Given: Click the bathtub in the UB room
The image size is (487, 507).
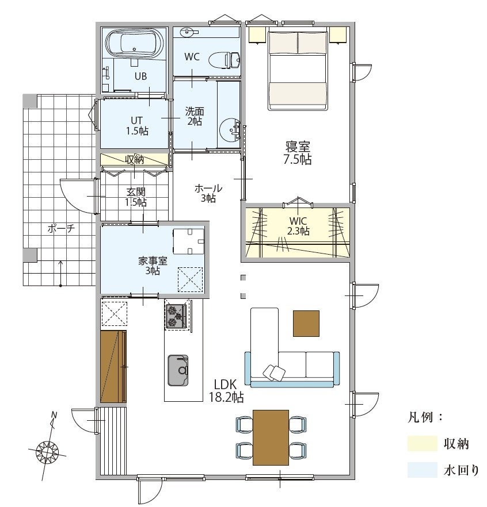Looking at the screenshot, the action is click(135, 44).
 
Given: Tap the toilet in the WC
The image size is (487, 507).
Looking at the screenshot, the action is click(224, 60).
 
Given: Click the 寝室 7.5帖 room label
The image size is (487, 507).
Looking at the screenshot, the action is click(298, 153).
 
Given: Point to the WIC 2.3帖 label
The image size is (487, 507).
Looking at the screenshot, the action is click(299, 226).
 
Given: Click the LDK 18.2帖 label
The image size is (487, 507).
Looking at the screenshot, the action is click(226, 391).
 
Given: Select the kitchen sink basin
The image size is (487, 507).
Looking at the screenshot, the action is click(178, 370).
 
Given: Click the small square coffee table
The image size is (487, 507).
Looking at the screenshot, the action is click(306, 323).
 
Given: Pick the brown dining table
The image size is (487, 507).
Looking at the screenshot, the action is click(271, 437).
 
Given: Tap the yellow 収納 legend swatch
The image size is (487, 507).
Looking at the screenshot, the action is click(423, 443).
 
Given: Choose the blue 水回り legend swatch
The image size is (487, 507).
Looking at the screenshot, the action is click(423, 470).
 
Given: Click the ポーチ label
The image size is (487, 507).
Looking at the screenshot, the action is click(61, 229).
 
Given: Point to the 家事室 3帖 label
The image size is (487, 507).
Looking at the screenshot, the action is click(153, 265).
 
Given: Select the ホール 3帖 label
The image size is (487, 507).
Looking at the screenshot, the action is click(208, 193).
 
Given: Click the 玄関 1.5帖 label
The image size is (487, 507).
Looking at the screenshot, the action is click(136, 197).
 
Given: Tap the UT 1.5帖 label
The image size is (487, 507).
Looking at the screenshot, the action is click(137, 125).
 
